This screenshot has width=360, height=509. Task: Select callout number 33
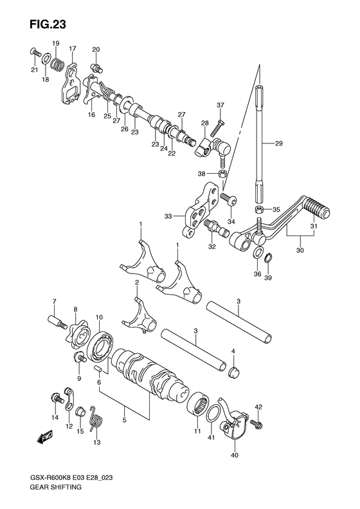tap(168, 217)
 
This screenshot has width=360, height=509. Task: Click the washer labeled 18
tap(47, 61)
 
